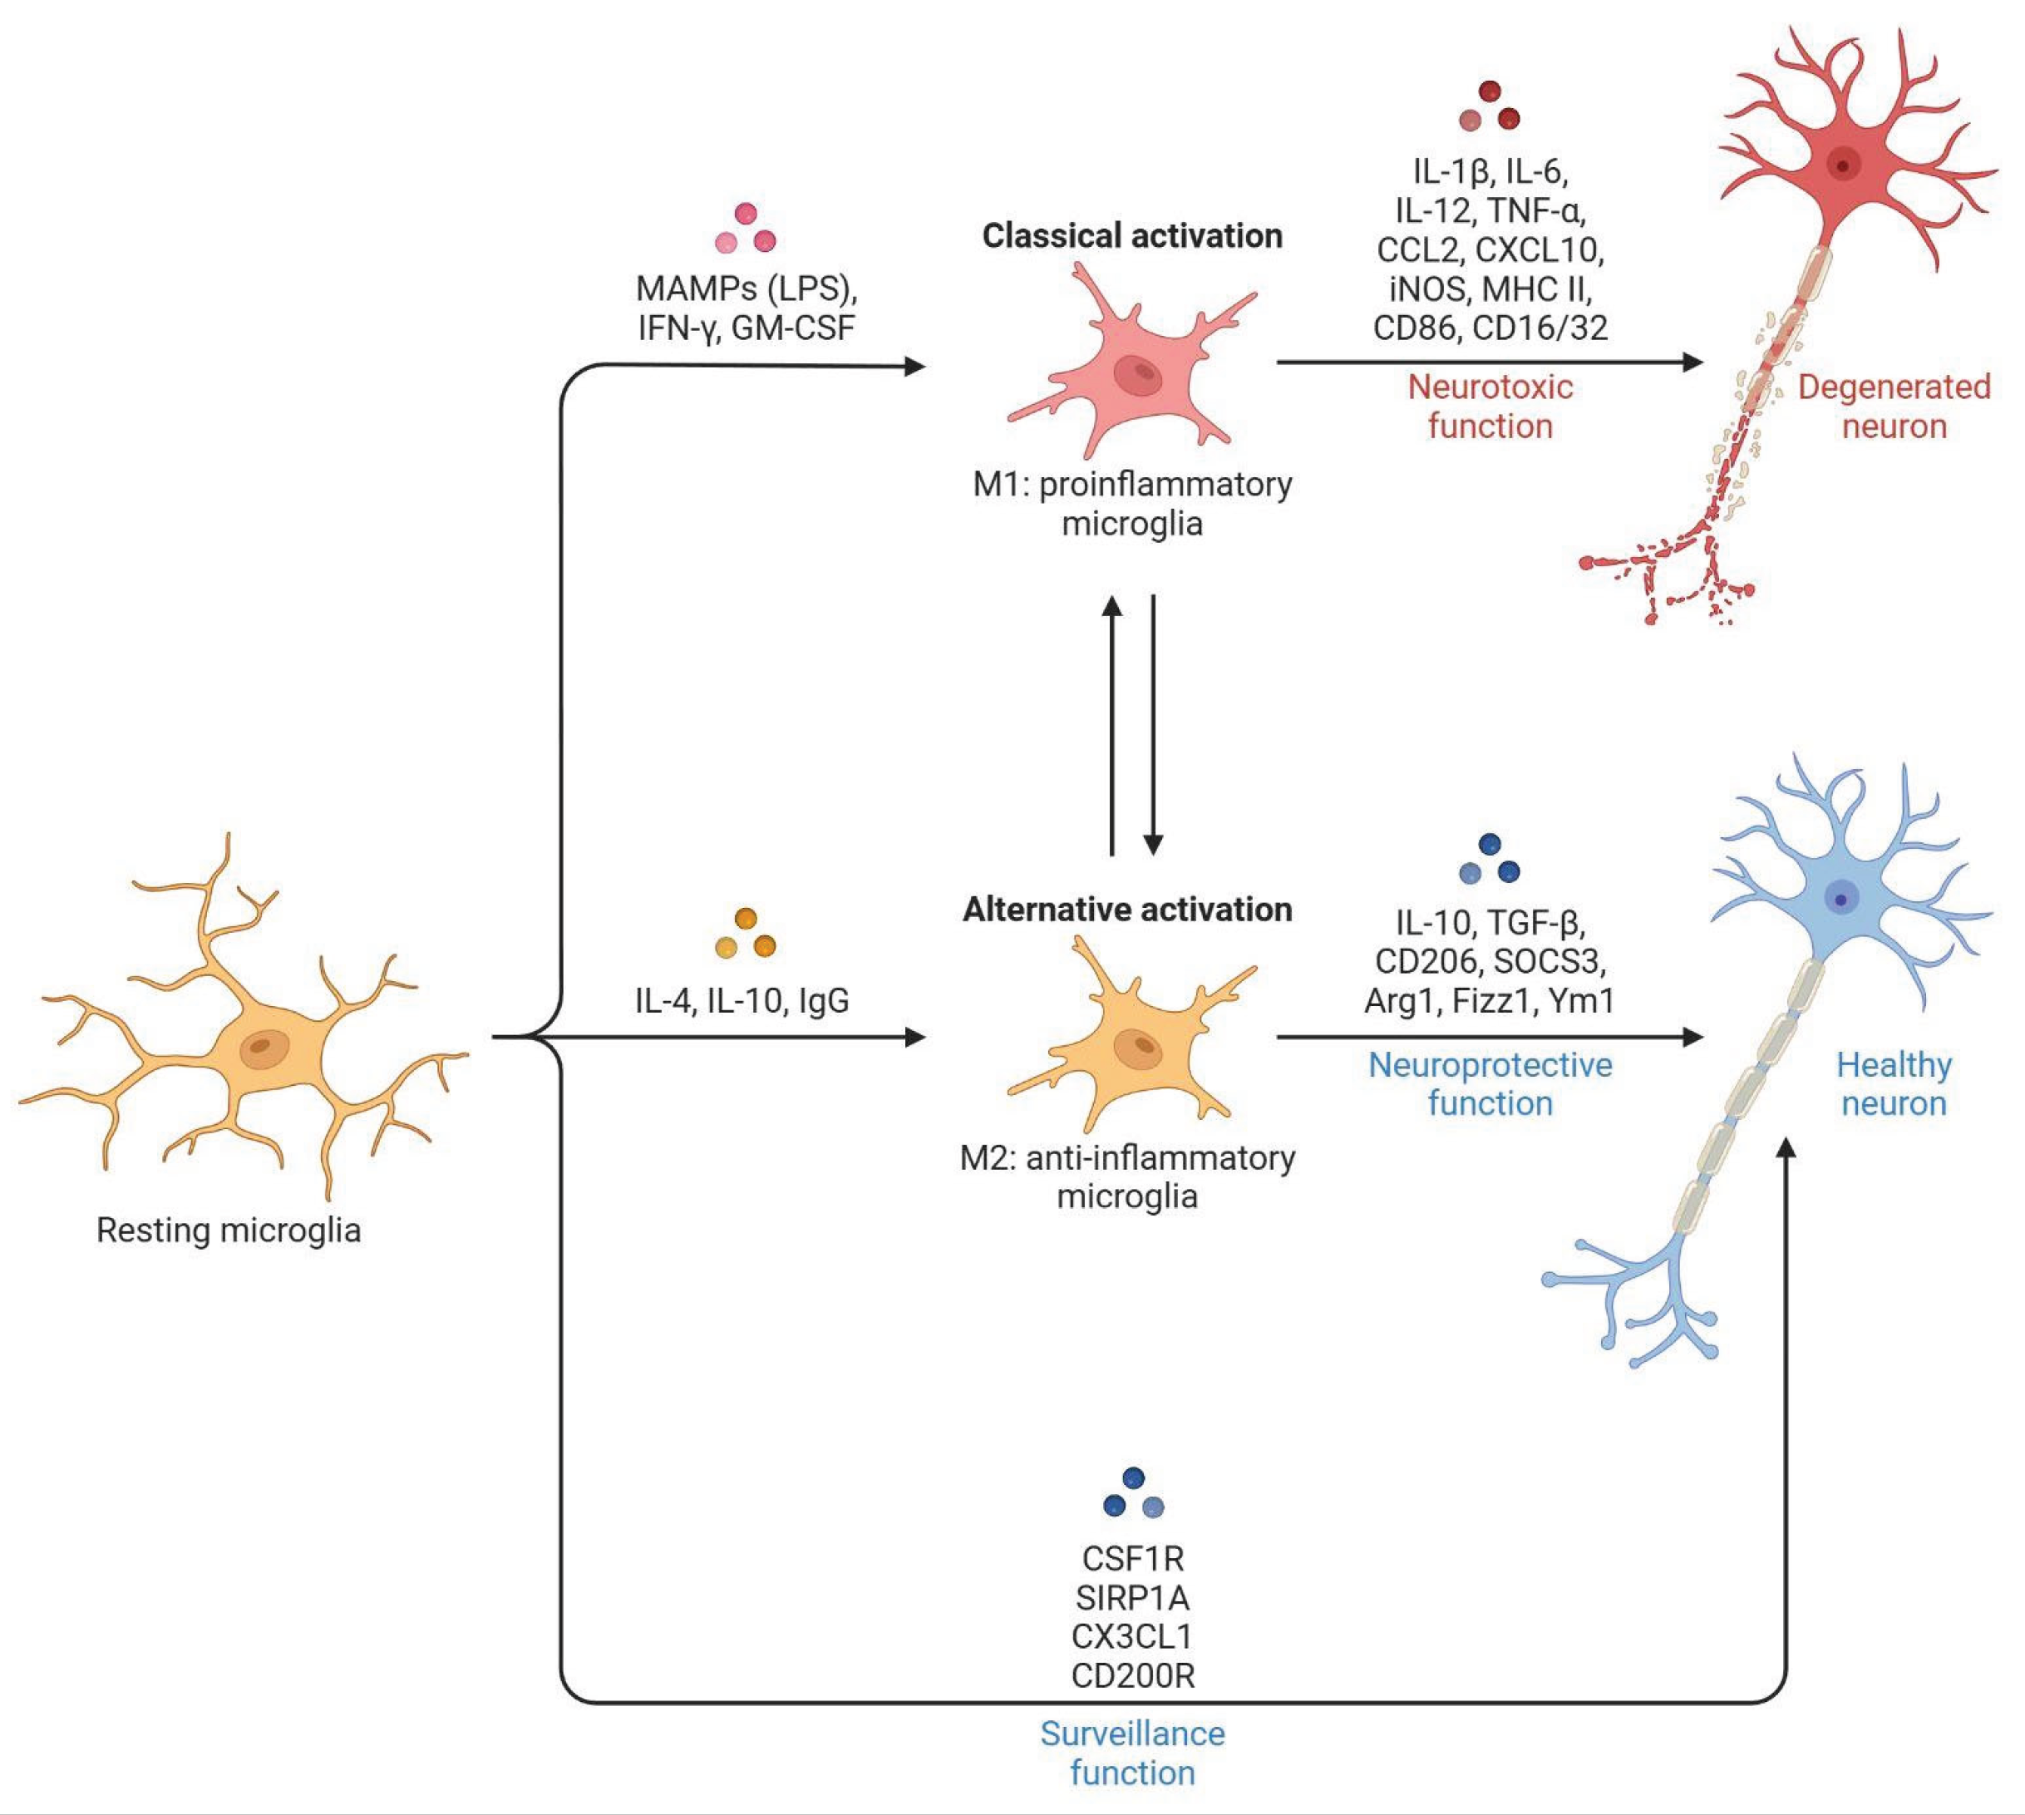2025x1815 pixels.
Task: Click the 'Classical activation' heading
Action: click(1131, 236)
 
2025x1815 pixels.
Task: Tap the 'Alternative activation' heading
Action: click(1126, 910)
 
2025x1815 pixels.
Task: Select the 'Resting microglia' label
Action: click(229, 1230)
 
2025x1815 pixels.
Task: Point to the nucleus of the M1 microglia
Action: click(1138, 374)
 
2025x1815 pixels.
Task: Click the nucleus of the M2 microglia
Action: click(1138, 1046)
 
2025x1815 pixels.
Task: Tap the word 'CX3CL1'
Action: click(1131, 1636)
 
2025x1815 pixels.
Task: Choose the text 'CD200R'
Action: click(1131, 1675)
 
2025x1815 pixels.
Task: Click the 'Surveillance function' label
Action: click(1131, 1753)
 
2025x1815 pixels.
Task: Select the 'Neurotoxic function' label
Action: click(1490, 406)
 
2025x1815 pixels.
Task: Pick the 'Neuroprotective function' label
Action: click(1490, 1084)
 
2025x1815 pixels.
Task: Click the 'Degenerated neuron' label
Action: click(1894, 406)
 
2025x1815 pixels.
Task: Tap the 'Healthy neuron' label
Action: click(1894, 1084)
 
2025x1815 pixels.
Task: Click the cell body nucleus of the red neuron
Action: click(1843, 165)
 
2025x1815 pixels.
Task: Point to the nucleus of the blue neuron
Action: click(1840, 900)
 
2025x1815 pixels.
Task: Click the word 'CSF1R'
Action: click(1131, 1558)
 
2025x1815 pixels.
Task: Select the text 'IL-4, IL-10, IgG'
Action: click(742, 1000)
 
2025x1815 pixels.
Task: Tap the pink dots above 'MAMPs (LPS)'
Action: click(745, 229)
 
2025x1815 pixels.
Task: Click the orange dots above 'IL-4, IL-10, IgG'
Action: click(745, 934)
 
